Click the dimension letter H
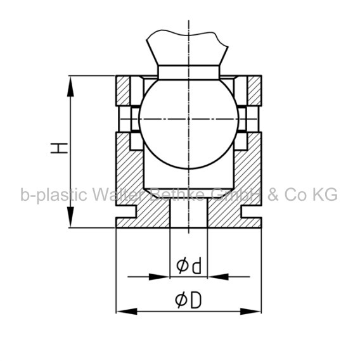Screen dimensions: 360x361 (59, 148)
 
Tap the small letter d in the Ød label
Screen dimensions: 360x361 (197, 266)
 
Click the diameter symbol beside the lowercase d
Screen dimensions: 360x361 (183, 266)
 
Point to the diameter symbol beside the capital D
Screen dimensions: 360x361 (182, 300)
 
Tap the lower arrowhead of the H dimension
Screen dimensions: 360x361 (70, 217)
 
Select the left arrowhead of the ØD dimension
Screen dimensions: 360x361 (127, 312)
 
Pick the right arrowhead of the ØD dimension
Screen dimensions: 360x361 (250, 312)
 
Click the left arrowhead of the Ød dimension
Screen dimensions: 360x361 (159, 277)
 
